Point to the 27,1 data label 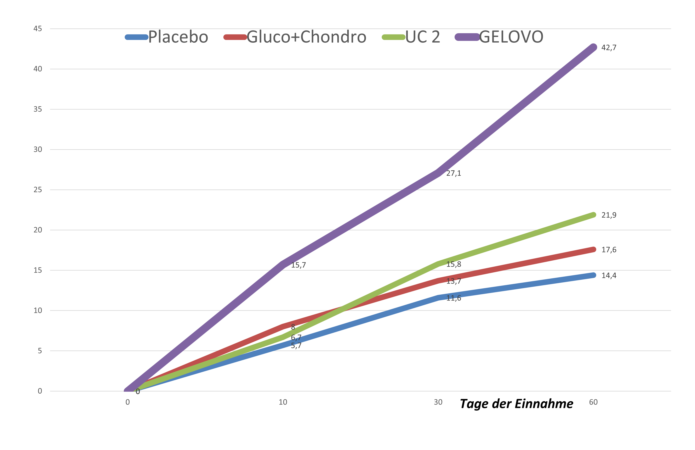(x=453, y=173)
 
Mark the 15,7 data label (x=298, y=265)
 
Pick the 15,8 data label (x=453, y=264)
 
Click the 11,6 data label (x=453, y=298)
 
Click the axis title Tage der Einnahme (x=516, y=404)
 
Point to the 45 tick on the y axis (x=38, y=29)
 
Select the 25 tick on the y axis (x=38, y=190)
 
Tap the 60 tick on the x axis (x=593, y=402)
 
